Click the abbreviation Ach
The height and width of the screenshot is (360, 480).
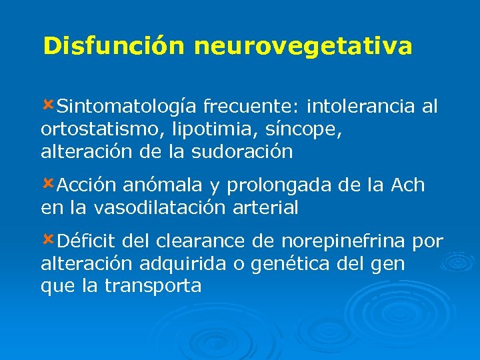click(x=409, y=185)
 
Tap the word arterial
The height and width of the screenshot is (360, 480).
click(x=265, y=208)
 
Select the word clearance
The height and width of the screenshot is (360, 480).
click(x=206, y=241)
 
